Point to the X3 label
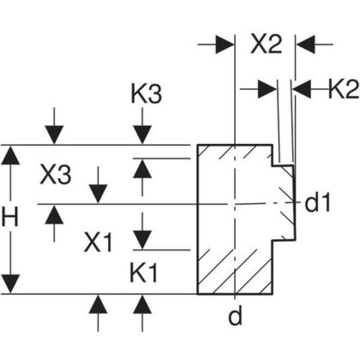coord(56,177)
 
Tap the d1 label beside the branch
coord(317,204)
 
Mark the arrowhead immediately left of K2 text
coord(302,89)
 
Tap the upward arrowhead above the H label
coord(10,155)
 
